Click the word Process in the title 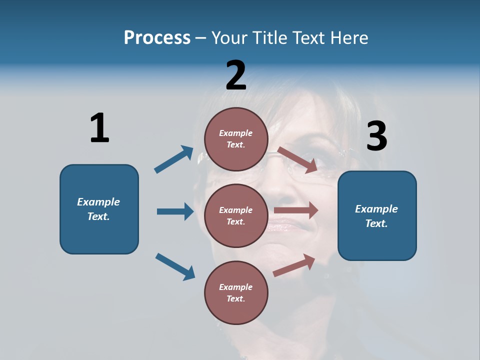coord(157,38)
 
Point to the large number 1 coord(99,128)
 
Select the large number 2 coord(236,75)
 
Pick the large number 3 coord(376,136)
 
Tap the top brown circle coord(236,139)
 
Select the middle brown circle coord(236,216)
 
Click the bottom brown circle coord(236,293)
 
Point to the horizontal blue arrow coord(175,211)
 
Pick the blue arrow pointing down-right coord(175,266)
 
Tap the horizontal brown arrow coord(296,210)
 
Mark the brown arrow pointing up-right coord(294,265)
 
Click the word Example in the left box coord(98,202)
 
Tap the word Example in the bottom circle coord(236,287)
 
